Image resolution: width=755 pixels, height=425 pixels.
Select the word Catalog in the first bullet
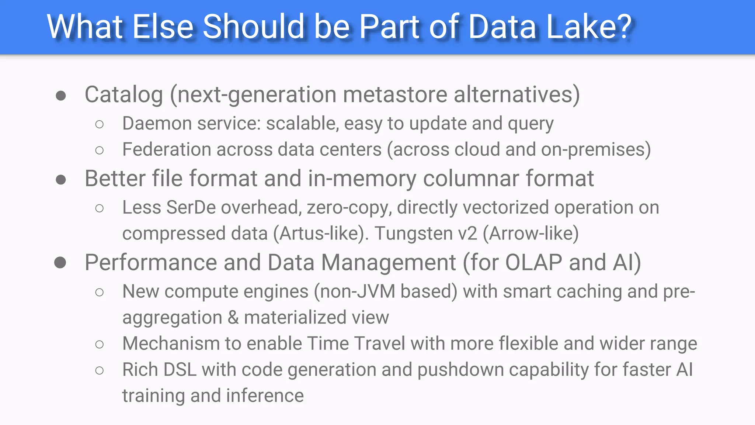tap(124, 95)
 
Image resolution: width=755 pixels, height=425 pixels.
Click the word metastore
tap(395, 95)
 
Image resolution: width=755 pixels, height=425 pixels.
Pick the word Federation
tap(167, 150)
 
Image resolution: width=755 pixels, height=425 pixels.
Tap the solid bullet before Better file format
tap(61, 180)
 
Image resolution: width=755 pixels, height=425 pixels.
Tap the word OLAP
tap(533, 263)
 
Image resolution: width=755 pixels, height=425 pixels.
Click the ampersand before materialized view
tap(233, 318)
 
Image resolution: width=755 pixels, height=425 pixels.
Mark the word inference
tap(265, 396)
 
